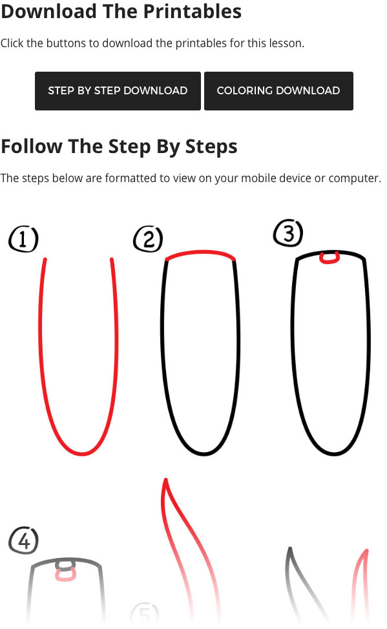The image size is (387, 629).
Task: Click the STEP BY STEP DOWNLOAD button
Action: point(118,90)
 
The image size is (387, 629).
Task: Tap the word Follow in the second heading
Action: point(32,147)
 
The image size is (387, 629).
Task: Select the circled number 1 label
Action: point(23,240)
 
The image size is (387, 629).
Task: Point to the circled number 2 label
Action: point(148,240)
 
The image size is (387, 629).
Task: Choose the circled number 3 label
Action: point(288,233)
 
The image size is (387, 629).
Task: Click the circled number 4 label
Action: point(24,541)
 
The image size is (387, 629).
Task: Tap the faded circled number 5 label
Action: point(144,614)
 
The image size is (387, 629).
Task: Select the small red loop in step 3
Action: point(330,258)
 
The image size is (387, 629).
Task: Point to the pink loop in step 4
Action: point(65,574)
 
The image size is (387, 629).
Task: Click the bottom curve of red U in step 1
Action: point(81,453)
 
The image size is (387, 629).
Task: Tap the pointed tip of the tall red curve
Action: point(166,480)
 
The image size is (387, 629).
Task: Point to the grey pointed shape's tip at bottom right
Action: point(290,550)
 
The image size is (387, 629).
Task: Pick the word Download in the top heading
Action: point(45,11)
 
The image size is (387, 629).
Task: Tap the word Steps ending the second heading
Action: point(211,147)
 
